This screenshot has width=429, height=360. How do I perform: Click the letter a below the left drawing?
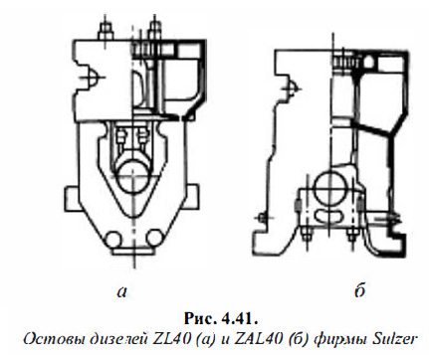click(x=121, y=291)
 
